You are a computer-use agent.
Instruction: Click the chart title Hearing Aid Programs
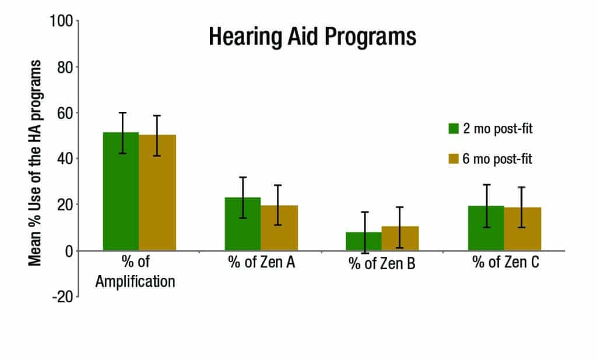click(312, 37)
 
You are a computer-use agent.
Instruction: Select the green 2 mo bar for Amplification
click(121, 192)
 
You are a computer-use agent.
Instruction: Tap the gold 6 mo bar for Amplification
click(157, 193)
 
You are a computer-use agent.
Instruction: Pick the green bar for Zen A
click(243, 224)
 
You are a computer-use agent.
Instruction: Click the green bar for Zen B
click(364, 242)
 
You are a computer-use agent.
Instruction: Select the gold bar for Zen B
click(401, 239)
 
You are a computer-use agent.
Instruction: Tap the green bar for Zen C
click(486, 228)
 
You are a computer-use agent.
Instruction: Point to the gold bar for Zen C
click(523, 230)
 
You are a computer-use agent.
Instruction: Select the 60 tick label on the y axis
click(64, 113)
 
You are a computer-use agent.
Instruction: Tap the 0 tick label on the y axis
click(68, 251)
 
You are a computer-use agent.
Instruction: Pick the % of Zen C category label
click(505, 263)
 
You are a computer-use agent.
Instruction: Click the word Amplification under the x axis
click(135, 281)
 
